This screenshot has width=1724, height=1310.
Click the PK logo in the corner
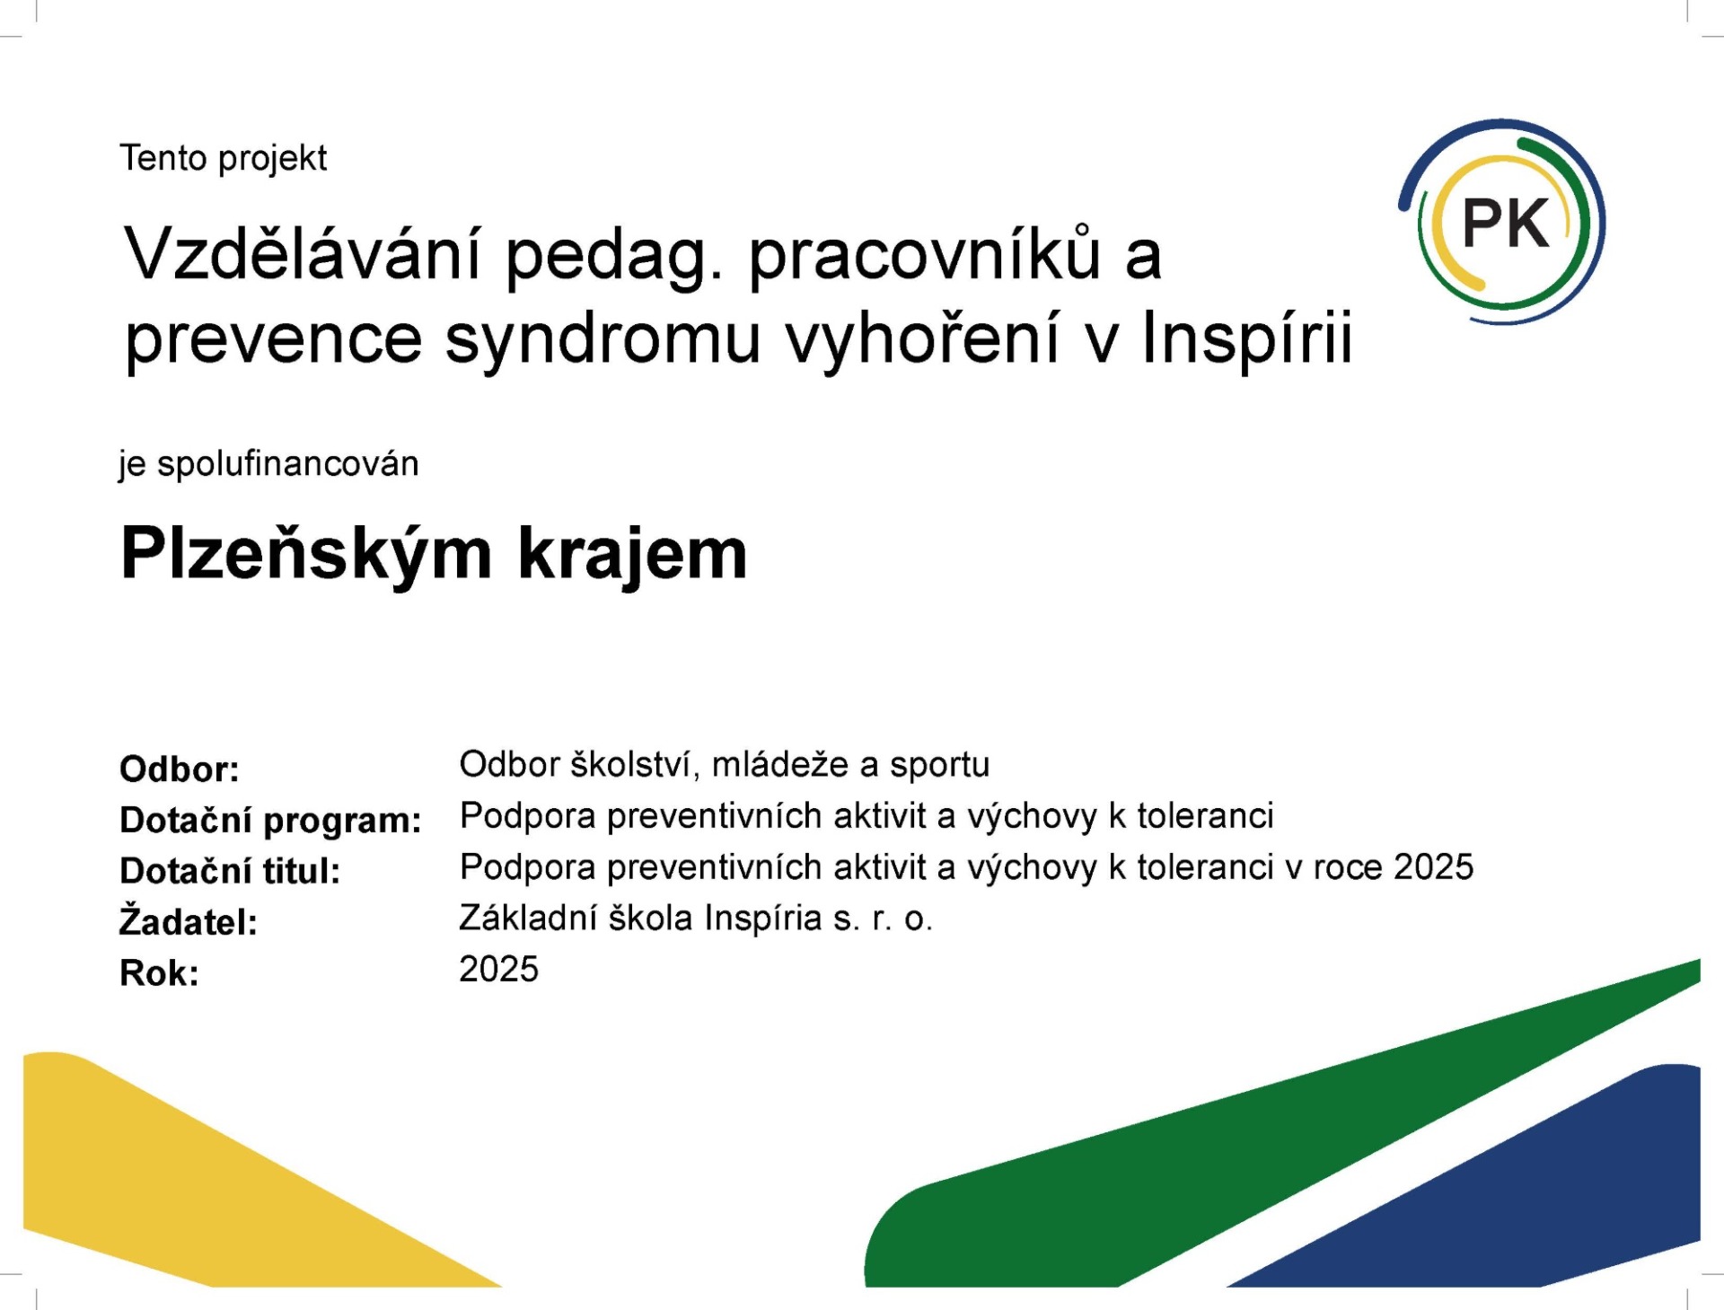(1502, 222)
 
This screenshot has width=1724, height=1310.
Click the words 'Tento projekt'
(224, 158)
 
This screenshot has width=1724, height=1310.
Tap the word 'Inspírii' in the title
(1247, 339)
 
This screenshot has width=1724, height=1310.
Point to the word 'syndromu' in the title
(603, 341)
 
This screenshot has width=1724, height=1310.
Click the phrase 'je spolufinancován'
(268, 464)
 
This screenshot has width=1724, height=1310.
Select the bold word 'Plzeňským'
(306, 555)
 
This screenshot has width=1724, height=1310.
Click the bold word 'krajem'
(633, 555)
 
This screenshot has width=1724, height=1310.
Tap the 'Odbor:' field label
(180, 769)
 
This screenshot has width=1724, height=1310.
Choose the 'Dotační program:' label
(270, 821)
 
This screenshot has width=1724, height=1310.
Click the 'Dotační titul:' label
(230, 871)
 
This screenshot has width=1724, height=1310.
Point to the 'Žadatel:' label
(189, 920)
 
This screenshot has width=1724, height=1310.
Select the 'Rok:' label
(159, 973)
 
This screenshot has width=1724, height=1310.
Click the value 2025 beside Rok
(498, 970)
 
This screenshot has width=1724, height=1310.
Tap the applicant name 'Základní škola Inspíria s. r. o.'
(696, 919)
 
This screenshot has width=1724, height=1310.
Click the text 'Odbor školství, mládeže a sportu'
(724, 765)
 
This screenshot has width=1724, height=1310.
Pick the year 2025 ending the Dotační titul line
(1433, 867)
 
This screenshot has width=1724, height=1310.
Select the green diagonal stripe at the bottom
(1257, 1140)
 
